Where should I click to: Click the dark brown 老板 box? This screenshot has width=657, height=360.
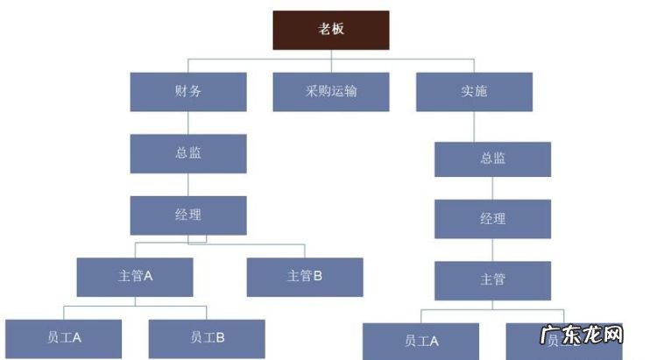[330, 29]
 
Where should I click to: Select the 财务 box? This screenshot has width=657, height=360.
[188, 91]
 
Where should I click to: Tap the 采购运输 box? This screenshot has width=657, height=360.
[330, 91]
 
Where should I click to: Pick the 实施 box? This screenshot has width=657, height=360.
[473, 91]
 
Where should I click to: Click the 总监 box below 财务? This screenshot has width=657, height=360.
[188, 153]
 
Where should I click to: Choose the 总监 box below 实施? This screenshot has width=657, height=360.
[492, 159]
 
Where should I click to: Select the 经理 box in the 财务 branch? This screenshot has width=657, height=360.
[188, 215]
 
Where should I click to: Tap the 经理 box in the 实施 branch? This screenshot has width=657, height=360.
[492, 219]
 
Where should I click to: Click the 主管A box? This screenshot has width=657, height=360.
[135, 276]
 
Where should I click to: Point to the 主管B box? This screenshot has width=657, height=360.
[305, 276]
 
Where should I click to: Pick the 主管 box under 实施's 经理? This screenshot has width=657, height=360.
[492, 280]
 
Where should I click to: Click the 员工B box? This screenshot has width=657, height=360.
[207, 337]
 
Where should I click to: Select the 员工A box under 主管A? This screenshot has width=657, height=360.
[63, 337]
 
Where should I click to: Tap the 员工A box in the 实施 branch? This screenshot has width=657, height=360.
[420, 341]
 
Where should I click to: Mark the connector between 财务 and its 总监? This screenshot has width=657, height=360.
[188, 123]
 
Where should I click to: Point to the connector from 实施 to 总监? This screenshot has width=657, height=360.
[474, 126]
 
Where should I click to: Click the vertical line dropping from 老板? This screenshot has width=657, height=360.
[330, 54]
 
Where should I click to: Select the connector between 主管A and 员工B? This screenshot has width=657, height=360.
[207, 312]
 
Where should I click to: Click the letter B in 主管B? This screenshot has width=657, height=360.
[318, 276]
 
